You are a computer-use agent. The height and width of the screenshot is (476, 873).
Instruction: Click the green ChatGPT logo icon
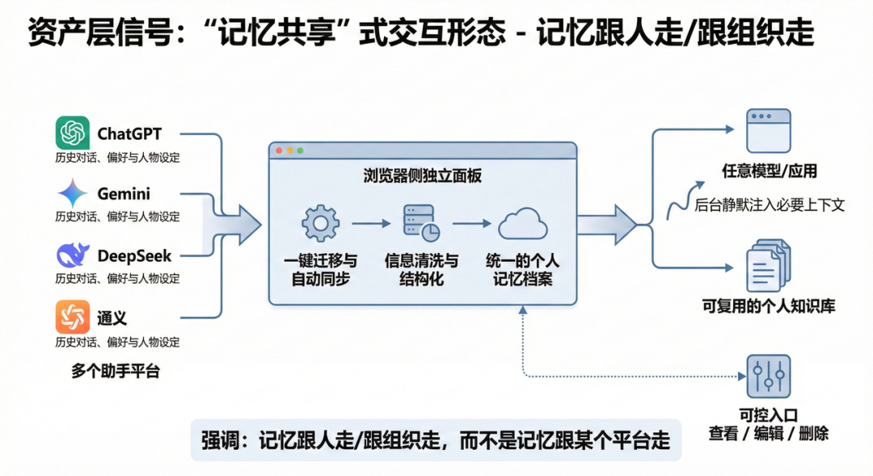tap(73, 133)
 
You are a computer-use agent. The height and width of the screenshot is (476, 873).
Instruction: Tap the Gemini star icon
tap(73, 194)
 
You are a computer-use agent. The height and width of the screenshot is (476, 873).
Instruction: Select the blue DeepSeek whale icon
tap(73, 255)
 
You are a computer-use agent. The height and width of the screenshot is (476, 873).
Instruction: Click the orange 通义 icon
tap(73, 317)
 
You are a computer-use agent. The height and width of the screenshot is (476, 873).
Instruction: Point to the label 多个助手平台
tap(116, 371)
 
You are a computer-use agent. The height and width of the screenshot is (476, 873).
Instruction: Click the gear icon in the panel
tap(320, 224)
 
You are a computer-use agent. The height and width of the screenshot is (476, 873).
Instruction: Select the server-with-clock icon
tap(421, 224)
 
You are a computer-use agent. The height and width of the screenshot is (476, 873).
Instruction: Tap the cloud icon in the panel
tap(523, 224)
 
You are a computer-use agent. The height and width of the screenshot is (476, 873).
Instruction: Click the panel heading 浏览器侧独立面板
tap(422, 176)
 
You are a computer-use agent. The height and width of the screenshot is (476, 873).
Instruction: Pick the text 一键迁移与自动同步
tap(320, 270)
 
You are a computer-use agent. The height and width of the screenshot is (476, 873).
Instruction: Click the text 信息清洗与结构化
tap(421, 270)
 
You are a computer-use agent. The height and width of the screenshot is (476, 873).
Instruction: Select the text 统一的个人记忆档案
tap(523, 270)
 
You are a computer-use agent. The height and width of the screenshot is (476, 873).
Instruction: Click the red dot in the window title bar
tap(280, 150)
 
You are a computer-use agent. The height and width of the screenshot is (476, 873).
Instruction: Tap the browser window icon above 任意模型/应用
tap(768, 131)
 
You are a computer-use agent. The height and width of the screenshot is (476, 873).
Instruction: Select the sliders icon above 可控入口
tap(768, 376)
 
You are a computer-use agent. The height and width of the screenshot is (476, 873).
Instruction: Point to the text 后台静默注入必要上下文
tap(770, 205)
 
